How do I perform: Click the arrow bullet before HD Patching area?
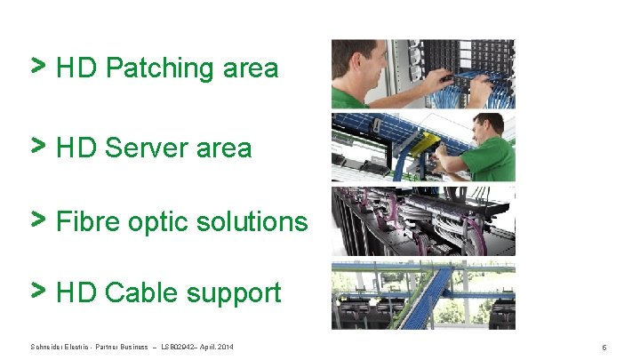click(39, 65)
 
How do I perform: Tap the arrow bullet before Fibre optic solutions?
click(39, 219)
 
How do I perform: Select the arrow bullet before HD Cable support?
click(39, 290)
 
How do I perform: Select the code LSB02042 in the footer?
click(180, 346)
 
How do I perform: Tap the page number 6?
click(604, 347)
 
